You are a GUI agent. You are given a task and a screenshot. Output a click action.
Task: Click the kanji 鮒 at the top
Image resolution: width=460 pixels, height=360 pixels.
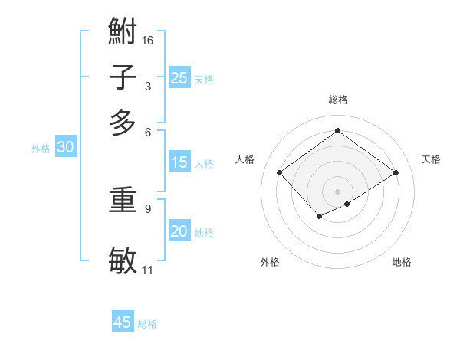point(123,31)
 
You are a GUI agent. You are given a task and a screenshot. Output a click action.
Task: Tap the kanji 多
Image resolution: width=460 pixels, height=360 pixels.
point(123,123)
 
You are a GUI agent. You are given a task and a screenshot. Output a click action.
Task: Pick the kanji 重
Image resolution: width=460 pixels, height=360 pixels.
point(123,201)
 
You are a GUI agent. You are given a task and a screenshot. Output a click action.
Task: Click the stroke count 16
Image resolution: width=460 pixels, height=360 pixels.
point(148,40)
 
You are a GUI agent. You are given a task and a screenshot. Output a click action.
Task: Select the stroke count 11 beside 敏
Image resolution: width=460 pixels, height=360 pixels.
point(148,270)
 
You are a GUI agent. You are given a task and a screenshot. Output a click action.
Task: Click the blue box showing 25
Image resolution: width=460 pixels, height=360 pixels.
point(179,77)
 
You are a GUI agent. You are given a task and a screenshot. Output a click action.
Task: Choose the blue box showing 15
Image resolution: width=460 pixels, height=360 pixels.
point(179,162)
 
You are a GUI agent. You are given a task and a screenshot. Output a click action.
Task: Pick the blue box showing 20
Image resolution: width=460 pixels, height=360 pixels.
point(179,231)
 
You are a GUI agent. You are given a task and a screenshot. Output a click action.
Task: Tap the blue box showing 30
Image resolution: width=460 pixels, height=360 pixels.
point(65,148)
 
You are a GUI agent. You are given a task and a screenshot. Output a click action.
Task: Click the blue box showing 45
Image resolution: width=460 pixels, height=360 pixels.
point(123,322)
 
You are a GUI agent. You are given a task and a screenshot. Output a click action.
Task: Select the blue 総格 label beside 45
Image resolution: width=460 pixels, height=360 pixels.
point(147,324)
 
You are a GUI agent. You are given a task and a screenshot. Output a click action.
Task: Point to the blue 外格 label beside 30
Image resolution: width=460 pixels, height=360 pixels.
point(41,149)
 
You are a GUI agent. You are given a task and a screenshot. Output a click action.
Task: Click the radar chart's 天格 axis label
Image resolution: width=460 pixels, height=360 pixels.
point(431,159)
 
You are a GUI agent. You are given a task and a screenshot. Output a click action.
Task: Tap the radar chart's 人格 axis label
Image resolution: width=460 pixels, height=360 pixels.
point(245,159)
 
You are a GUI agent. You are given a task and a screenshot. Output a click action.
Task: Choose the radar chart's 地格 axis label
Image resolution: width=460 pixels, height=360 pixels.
point(402,263)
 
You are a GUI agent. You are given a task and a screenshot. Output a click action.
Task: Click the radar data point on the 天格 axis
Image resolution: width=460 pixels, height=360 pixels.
point(396,172)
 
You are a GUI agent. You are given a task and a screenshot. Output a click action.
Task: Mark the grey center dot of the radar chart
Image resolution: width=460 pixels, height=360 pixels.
point(337,191)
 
